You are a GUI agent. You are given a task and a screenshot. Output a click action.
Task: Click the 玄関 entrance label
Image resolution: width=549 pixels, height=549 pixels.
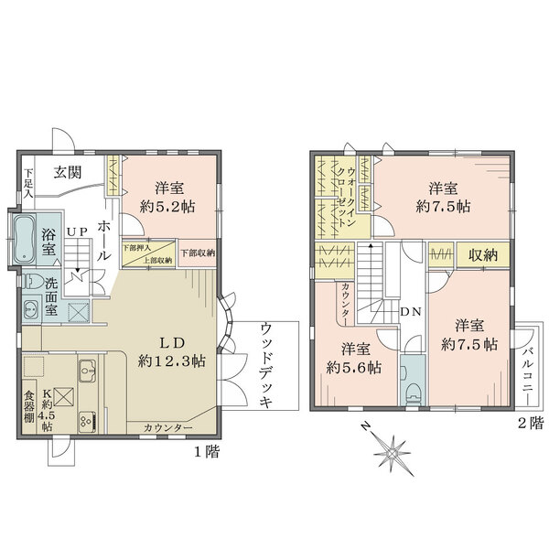69,171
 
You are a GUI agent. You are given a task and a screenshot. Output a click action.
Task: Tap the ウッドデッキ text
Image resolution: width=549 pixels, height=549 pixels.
266,369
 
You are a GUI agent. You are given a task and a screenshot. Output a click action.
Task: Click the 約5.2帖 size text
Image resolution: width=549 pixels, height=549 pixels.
171,206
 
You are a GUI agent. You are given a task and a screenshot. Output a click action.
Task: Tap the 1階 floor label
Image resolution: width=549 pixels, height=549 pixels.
207,452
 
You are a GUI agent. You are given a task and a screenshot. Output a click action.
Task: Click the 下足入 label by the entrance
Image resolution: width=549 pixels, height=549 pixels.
28,183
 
